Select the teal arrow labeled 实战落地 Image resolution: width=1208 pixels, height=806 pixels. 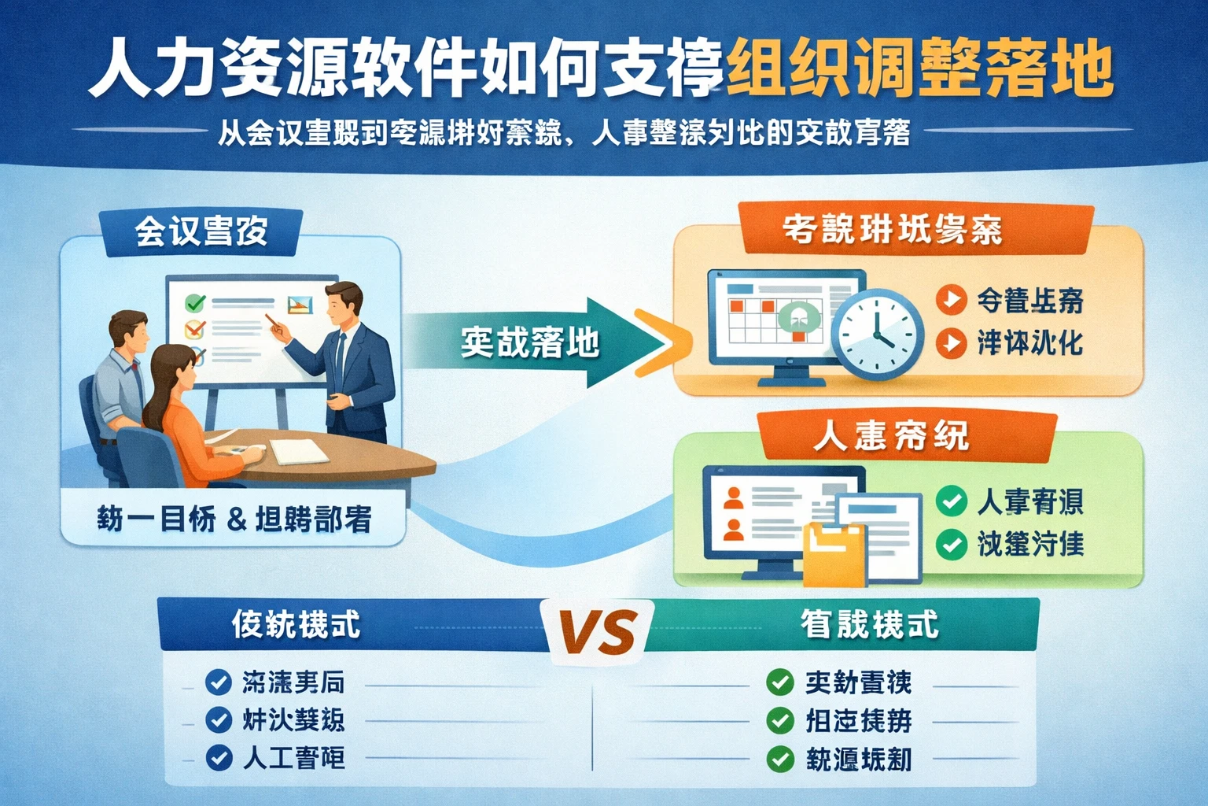coord(535,342)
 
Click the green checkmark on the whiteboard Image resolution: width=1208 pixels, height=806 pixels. coord(194,302)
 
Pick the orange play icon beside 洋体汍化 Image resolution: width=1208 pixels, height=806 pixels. coord(951,342)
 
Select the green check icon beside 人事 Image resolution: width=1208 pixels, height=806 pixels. coord(951,501)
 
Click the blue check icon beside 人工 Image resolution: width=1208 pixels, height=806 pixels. coord(218,758)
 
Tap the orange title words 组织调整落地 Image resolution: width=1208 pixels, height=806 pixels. coord(919,69)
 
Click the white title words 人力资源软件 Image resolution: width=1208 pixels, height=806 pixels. coord(283,69)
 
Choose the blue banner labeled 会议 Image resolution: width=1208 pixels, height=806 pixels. coord(201,231)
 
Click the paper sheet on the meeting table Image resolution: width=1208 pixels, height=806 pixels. coord(299,452)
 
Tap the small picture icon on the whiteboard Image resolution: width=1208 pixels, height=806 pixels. coord(300,305)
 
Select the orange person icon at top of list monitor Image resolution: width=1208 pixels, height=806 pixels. coord(733,497)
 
